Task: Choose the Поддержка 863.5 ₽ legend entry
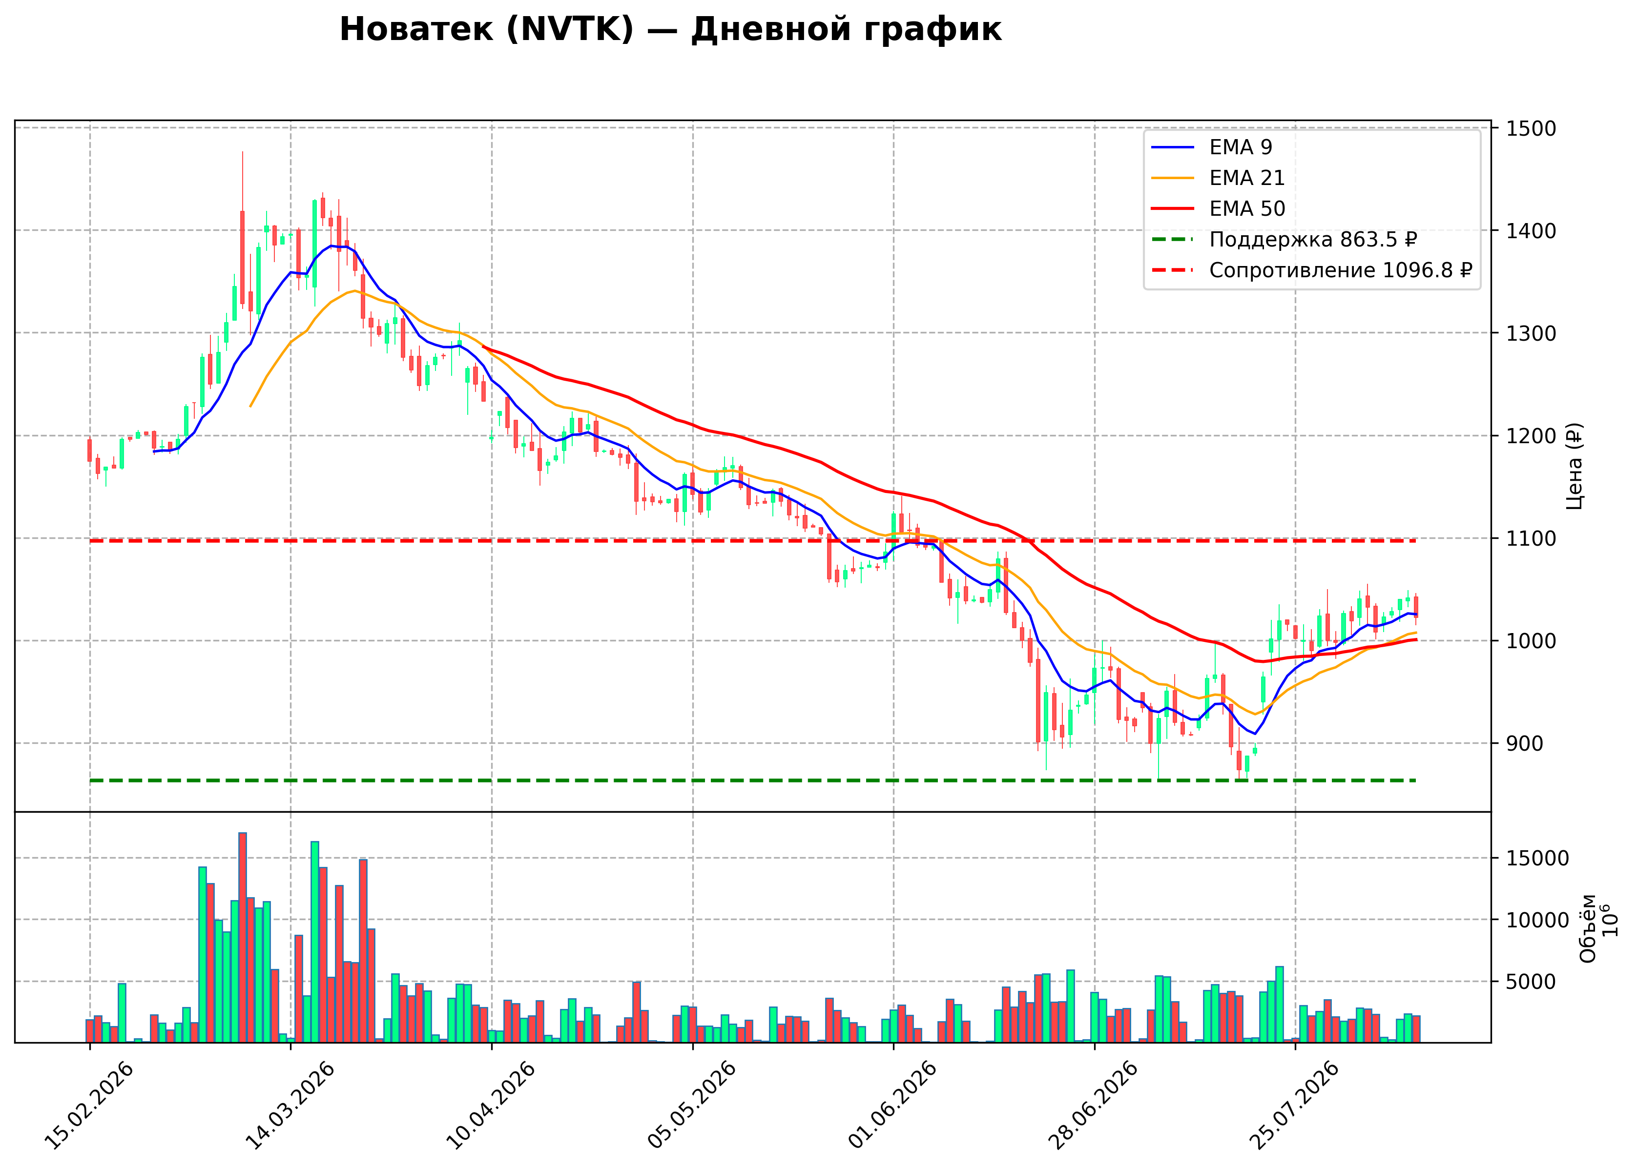(x=1284, y=240)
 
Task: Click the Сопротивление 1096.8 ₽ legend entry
(x=1312, y=270)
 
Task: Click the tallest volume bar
(x=242, y=937)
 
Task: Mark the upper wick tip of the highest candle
(x=242, y=151)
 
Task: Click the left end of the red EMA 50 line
(x=483, y=346)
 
